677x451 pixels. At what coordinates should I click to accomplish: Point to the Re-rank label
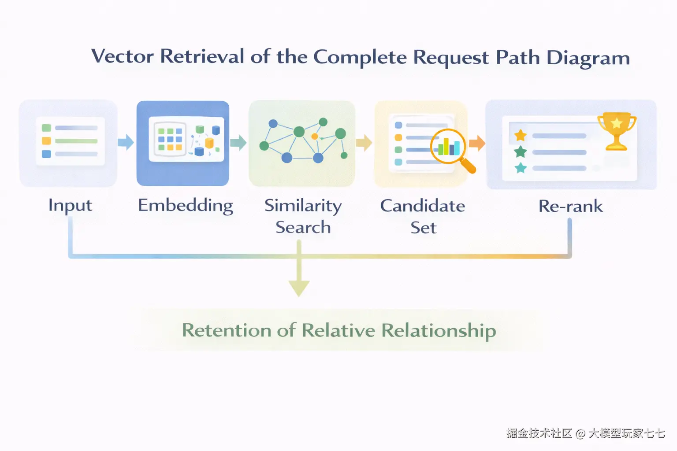click(x=571, y=206)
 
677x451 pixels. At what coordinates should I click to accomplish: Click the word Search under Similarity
click(x=303, y=227)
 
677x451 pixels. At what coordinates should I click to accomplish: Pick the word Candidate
click(x=423, y=206)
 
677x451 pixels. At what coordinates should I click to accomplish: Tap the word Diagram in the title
click(x=588, y=58)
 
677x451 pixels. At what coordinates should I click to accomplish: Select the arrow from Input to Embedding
click(x=126, y=142)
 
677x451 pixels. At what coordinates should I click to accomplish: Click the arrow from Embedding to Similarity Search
click(x=238, y=143)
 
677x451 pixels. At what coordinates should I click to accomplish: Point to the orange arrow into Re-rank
click(x=477, y=143)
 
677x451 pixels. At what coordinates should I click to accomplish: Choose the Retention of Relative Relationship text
click(x=339, y=330)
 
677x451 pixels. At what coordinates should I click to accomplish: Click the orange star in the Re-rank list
click(x=521, y=135)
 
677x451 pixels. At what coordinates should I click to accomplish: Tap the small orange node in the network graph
click(x=315, y=137)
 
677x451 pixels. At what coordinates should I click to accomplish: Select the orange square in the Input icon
click(x=46, y=141)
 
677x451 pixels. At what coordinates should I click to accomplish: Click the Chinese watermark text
click(x=585, y=433)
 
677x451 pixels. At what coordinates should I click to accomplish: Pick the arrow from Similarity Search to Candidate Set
click(x=364, y=143)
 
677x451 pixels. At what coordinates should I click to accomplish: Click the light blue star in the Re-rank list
click(x=521, y=168)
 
